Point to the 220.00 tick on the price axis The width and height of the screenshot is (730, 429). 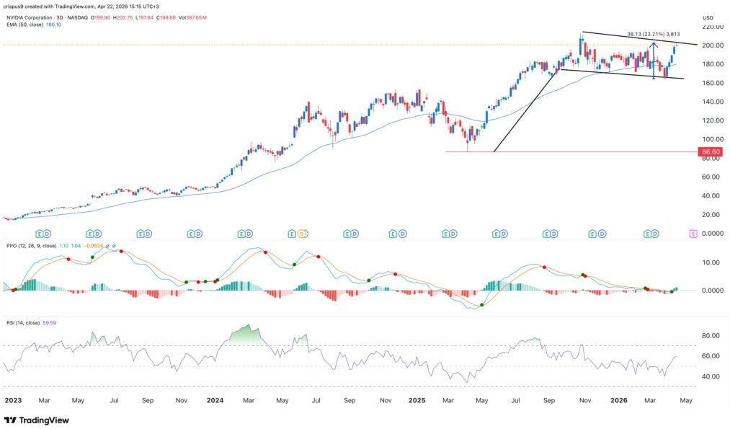pyautogui.click(x=713, y=27)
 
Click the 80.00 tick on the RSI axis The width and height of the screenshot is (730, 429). pyautogui.click(x=711, y=336)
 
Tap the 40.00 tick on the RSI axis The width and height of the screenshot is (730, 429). pyautogui.click(x=711, y=376)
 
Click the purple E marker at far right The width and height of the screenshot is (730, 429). pyautogui.click(x=693, y=234)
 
